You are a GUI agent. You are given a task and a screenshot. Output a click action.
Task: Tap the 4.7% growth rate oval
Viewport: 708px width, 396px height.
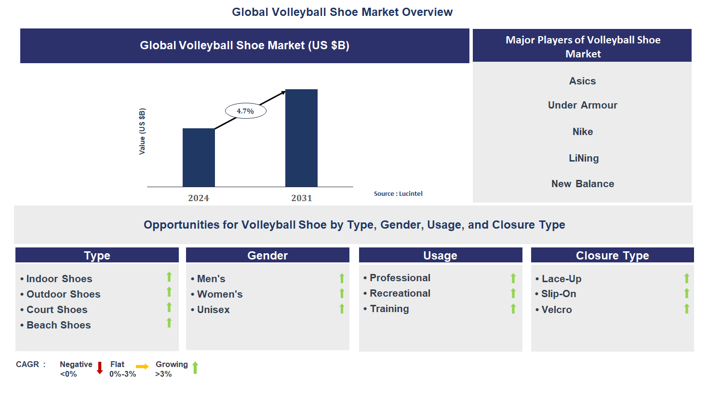tap(245, 111)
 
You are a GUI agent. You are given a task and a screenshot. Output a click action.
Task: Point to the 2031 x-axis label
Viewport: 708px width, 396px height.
tap(301, 198)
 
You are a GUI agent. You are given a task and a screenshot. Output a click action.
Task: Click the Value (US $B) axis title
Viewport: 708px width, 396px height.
tap(142, 131)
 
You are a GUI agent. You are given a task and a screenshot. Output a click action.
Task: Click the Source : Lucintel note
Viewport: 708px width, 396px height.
tap(398, 193)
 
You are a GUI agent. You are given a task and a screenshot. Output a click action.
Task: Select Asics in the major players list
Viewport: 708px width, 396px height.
tap(582, 81)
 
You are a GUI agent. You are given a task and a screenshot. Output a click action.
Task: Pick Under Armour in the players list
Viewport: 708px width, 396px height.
tap(582, 105)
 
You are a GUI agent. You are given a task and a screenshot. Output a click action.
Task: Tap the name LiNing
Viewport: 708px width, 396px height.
tap(583, 158)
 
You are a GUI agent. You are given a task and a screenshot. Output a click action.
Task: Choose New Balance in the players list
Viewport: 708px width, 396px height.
tap(582, 184)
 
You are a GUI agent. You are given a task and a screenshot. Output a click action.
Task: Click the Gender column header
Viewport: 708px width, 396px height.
tap(267, 255)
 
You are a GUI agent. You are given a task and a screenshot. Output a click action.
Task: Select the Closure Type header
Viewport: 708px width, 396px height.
tap(612, 255)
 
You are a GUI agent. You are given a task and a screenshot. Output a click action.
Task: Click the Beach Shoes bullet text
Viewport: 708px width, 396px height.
tap(58, 325)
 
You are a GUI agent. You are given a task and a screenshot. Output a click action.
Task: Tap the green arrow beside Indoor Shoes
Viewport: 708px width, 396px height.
tap(169, 277)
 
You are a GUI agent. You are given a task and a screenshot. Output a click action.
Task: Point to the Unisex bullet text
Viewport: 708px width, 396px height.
tap(213, 310)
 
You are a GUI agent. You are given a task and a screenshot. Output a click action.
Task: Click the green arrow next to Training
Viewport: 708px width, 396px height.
tap(513, 309)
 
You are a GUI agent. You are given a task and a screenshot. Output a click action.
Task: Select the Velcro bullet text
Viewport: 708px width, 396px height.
tap(556, 310)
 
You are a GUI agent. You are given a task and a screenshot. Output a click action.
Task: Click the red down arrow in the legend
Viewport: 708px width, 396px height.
tap(100, 368)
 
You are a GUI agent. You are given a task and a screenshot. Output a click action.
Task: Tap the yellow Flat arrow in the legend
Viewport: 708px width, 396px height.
tap(142, 367)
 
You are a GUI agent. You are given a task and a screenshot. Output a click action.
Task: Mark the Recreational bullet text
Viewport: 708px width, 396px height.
tap(400, 293)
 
